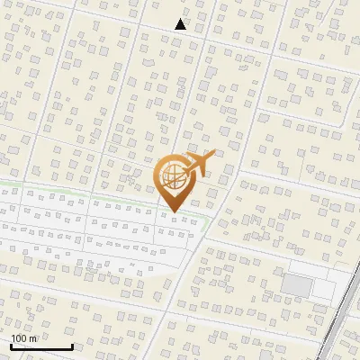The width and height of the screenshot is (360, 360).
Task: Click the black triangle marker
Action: point(181,24)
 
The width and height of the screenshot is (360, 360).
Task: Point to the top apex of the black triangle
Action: point(181,19)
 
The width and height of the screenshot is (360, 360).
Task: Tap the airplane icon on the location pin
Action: point(197,164)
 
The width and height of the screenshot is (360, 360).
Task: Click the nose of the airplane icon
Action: point(212,155)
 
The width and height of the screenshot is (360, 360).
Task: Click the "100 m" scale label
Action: point(23,338)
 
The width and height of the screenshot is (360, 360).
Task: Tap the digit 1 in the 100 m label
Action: point(13,338)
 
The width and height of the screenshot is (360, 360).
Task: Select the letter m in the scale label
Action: point(33,338)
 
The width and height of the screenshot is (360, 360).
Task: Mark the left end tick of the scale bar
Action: point(11,346)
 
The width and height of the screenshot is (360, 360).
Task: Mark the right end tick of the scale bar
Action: point(72,346)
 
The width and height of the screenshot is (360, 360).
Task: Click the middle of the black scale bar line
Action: point(41,347)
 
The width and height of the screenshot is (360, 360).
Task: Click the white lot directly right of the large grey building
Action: point(321,286)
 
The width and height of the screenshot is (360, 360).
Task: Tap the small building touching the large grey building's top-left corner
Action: point(282,274)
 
